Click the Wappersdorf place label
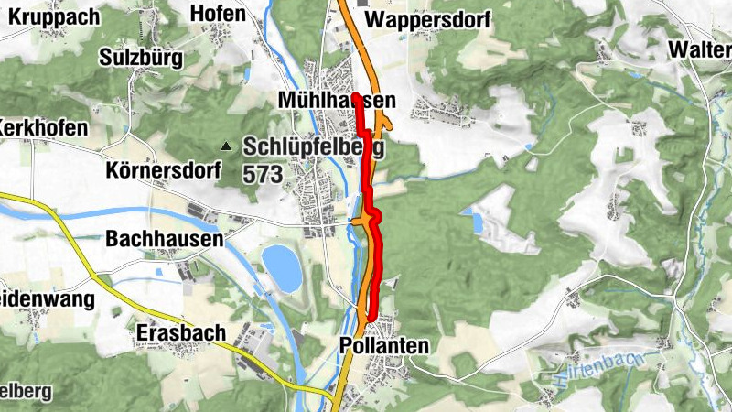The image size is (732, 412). (426, 20)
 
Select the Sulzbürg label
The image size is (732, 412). (142, 58)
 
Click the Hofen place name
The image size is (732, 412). (218, 13)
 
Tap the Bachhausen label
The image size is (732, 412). (165, 239)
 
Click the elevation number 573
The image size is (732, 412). (262, 171)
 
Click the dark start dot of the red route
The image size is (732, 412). (355, 96)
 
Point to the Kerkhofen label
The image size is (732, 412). (44, 127)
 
